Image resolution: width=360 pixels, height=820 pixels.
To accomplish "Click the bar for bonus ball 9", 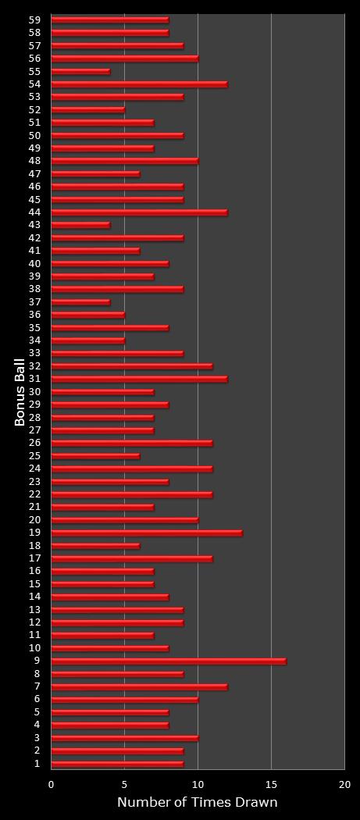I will pos(168,661).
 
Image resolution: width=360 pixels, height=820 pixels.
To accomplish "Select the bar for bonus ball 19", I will pos(146,533).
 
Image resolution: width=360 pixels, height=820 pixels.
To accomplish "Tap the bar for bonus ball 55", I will pos(80,71).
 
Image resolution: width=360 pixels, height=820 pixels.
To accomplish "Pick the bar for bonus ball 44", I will pos(139,212).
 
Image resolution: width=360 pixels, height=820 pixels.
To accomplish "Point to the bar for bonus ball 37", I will pos(80,301).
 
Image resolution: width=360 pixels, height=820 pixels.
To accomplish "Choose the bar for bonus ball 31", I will pos(139,379).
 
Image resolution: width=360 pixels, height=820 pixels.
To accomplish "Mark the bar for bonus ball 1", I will pos(117,763).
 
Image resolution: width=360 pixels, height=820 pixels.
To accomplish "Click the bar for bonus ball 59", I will pos(109,20).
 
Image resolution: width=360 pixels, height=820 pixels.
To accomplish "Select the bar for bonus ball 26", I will pos(131,443).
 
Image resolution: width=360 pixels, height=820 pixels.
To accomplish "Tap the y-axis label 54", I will pos(34,84).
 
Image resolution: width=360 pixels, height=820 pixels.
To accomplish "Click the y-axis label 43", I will pos(34,225).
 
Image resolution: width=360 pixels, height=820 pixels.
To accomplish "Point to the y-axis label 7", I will pos(37,686).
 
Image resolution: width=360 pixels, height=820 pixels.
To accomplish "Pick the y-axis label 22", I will pos(34,494).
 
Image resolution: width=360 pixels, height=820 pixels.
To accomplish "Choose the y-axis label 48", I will pos(34,161).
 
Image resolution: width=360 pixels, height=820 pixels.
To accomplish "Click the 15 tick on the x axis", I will pos(271,784).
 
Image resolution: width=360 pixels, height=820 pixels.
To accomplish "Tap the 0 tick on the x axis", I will pos(52,784).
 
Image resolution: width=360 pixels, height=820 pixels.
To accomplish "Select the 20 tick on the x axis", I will pos(344,784).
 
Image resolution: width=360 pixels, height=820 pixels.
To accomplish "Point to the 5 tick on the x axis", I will pos(124,784).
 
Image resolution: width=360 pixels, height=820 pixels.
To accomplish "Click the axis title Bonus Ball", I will pos(20,392).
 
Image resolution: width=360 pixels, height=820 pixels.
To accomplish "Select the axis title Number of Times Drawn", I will pos(197,802).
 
